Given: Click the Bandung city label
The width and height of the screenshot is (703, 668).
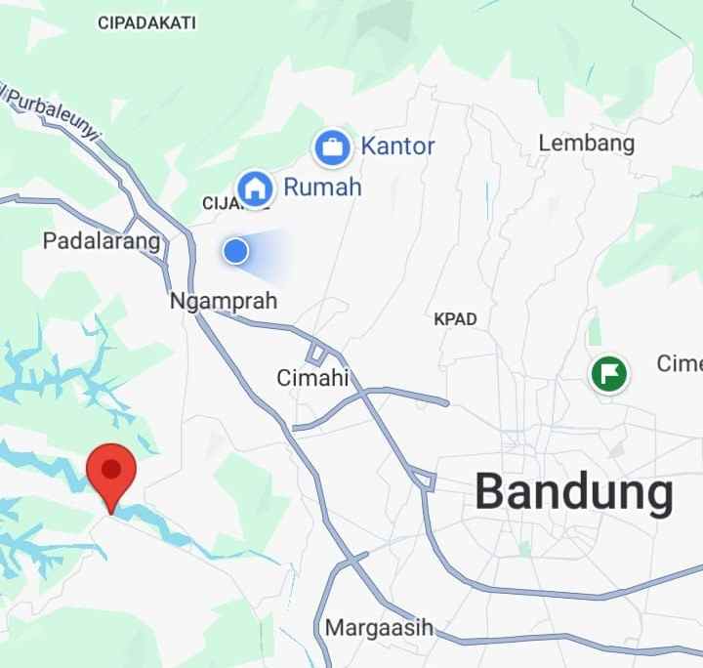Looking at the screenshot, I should [x=574, y=493].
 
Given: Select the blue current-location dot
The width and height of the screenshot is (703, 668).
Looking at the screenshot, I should [x=235, y=252].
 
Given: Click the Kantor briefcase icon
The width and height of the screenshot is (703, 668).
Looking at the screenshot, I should [x=332, y=148].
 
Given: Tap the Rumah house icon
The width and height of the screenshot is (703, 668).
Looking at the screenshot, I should [x=256, y=187].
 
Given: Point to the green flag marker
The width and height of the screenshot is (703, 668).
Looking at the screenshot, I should [x=609, y=373].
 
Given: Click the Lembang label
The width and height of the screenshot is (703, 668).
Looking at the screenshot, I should [x=586, y=144].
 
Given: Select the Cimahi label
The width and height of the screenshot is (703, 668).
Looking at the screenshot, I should [x=312, y=378].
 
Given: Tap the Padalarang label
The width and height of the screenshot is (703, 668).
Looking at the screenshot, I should [x=102, y=240].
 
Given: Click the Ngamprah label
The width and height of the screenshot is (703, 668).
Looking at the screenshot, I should [x=224, y=301].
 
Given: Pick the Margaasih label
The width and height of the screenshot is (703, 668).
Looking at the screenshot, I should [x=379, y=627].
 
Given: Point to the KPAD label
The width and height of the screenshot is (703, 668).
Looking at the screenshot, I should [x=455, y=319].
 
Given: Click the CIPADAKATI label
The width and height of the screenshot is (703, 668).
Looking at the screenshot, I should [x=147, y=22].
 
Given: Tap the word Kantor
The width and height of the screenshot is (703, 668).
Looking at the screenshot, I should [x=397, y=147].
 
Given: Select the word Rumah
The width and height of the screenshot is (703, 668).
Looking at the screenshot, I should [x=322, y=187].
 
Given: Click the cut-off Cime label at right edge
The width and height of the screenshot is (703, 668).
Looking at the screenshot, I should [x=680, y=363].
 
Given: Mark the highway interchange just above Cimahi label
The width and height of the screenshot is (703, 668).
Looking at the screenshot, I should [x=316, y=353].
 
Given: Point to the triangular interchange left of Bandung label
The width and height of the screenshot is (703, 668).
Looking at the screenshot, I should [x=424, y=479].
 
